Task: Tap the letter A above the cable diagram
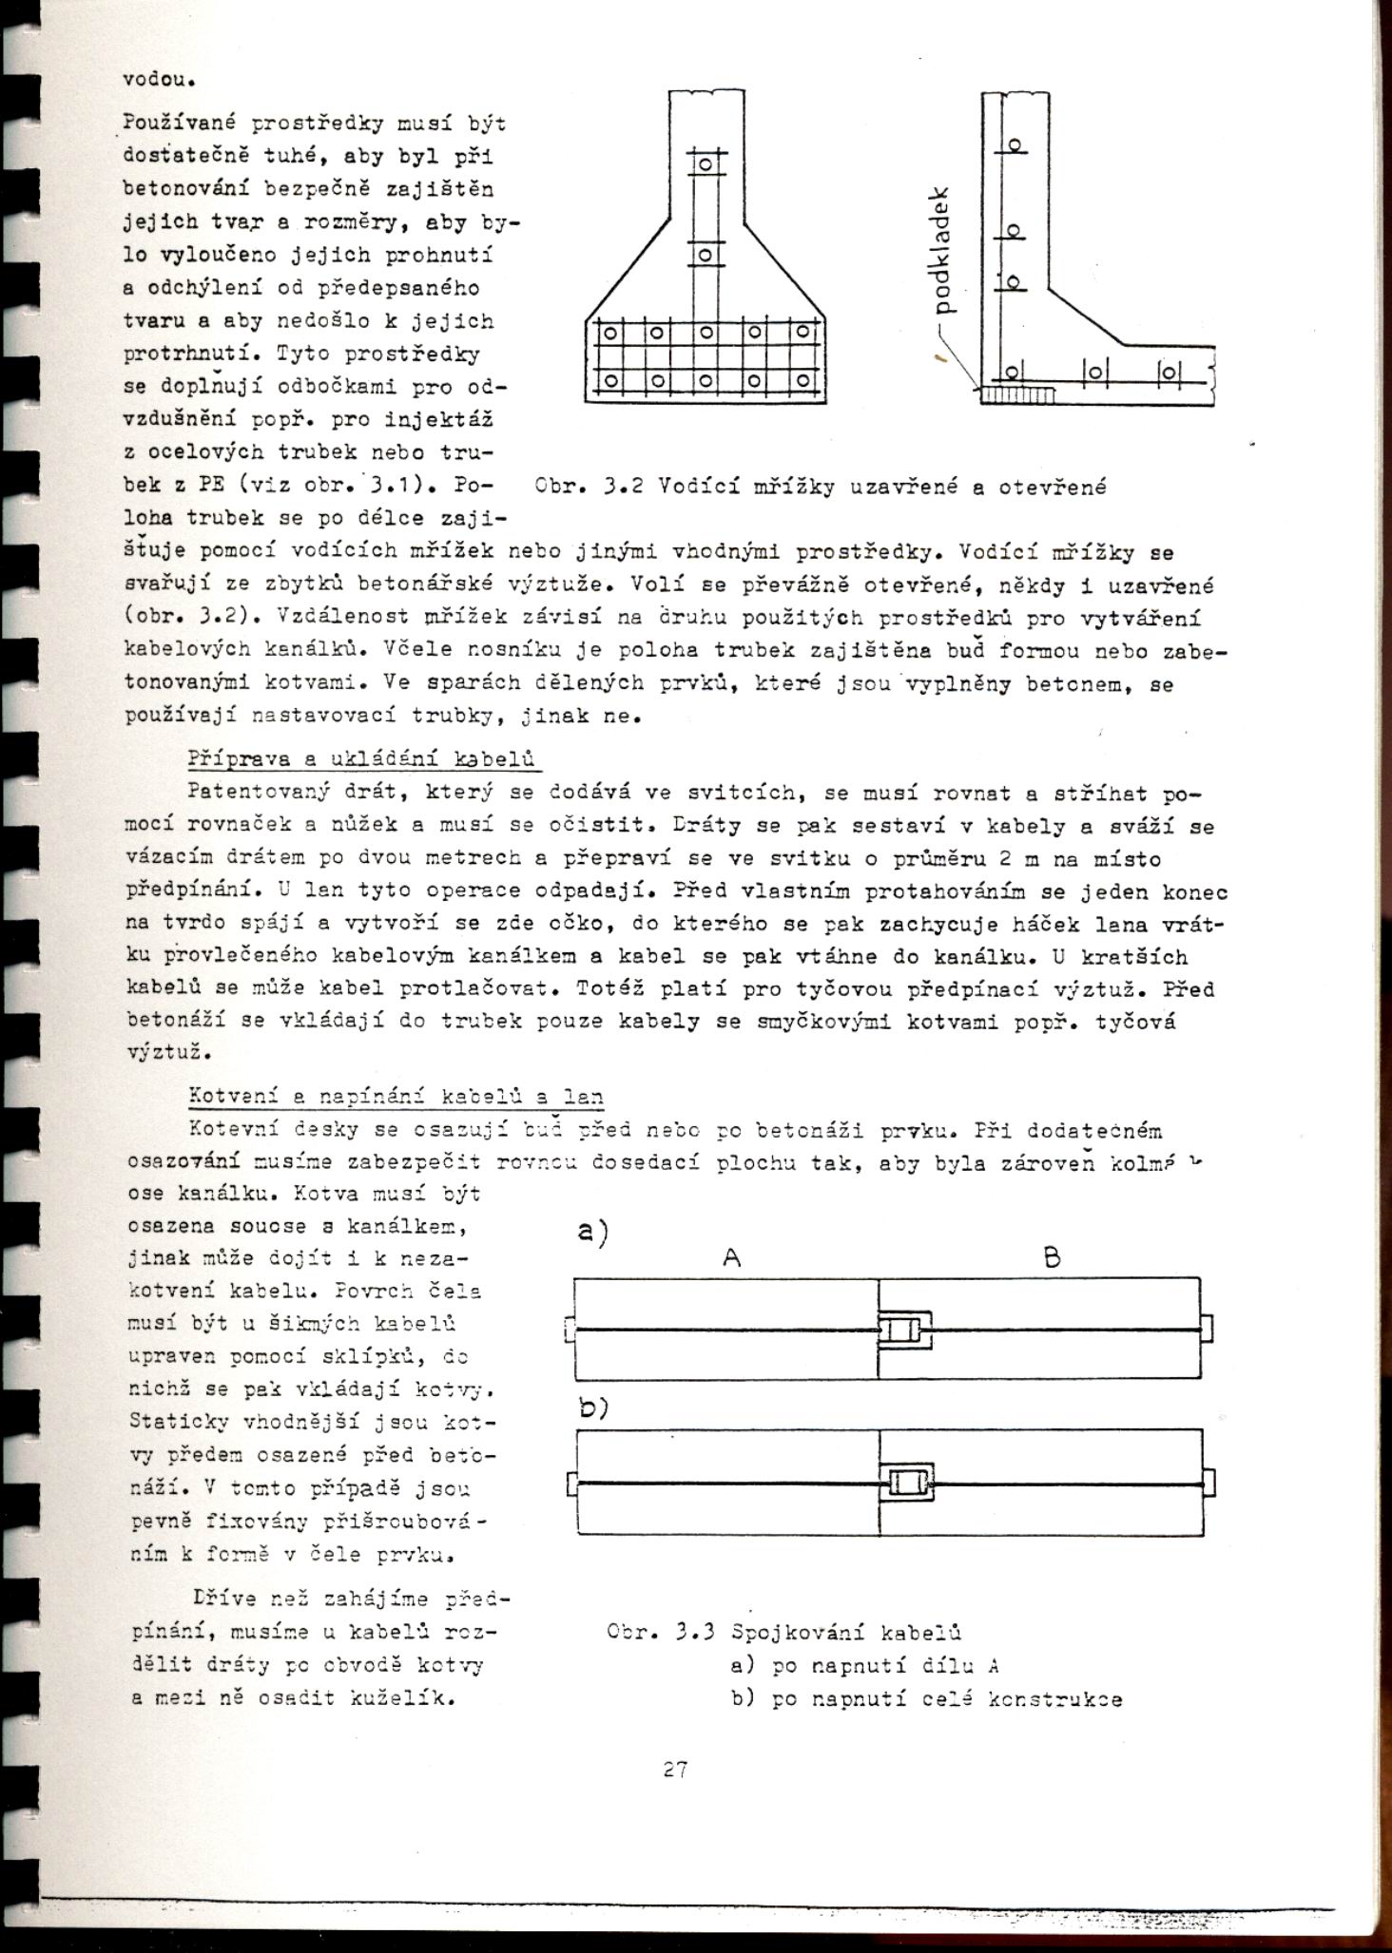pyautogui.click(x=731, y=1257)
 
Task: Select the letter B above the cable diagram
pyautogui.click(x=1053, y=1258)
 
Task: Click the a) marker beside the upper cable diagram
pyautogui.click(x=593, y=1233)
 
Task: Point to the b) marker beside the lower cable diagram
pyautogui.click(x=593, y=1407)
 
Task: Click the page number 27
pyautogui.click(x=676, y=1769)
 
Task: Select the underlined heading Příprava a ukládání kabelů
pyautogui.click(x=362, y=759)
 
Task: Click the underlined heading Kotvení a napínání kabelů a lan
pyautogui.click(x=396, y=1097)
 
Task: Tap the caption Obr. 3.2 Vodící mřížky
pyautogui.click(x=821, y=488)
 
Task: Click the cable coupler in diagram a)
pyautogui.click(x=904, y=1328)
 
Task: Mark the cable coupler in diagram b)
pyautogui.click(x=907, y=1482)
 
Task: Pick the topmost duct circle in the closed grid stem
pyautogui.click(x=706, y=164)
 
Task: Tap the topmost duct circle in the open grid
pyautogui.click(x=1015, y=145)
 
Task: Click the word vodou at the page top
pyautogui.click(x=160, y=79)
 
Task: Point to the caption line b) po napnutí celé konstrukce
pyautogui.click(x=927, y=1698)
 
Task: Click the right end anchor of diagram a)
pyautogui.click(x=1207, y=1327)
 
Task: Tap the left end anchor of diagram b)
pyautogui.click(x=572, y=1484)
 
